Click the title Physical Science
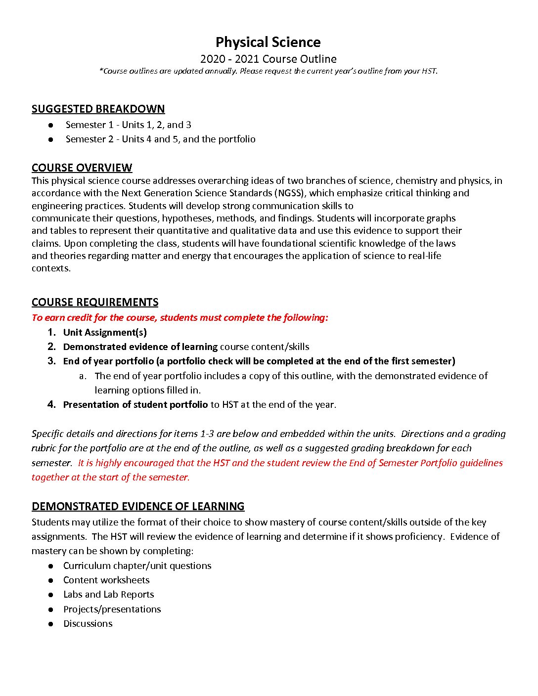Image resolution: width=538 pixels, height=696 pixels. pos(268,42)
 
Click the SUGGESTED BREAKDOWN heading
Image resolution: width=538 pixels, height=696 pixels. pos(98,109)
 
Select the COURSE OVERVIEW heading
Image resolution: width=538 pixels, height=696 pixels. pos(82,168)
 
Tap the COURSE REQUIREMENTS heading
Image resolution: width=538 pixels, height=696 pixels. pos(95,302)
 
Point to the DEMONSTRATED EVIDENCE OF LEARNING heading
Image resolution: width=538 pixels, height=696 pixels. pos(138,506)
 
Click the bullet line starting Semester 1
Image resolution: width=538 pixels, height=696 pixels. pos(128,125)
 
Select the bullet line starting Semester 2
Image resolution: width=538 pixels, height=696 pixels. pos(160,139)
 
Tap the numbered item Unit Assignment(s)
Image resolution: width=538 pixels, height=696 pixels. pos(105,332)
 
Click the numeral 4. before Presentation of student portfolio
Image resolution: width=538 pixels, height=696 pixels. pos(51,404)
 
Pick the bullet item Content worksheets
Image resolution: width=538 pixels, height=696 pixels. pos(106,580)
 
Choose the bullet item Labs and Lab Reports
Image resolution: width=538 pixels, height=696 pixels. pos(108,594)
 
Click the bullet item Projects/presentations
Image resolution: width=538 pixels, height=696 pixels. pos(112,609)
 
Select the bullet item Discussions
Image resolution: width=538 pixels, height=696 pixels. pos(88,623)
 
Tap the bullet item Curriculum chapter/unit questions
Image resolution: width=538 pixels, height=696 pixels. pos(137,565)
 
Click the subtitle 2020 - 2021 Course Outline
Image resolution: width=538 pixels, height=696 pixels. pos(268,59)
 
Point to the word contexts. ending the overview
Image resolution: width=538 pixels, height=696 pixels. pos(51,268)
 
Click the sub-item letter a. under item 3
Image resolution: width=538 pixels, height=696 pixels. pos(83,376)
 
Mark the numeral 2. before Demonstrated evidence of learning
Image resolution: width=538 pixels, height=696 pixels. pos(51,347)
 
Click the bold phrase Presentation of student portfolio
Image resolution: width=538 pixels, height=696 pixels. pos(135,404)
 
